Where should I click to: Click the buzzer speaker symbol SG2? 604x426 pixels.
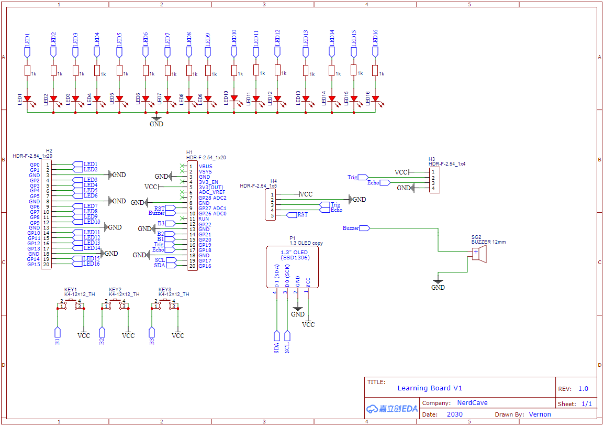[x=480, y=254]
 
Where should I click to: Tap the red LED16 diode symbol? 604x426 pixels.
[x=375, y=99]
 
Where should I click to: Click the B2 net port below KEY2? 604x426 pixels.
[x=102, y=334]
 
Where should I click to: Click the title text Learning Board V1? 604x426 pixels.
[x=430, y=388]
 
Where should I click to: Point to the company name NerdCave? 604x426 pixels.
[x=472, y=403]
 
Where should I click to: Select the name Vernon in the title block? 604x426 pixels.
[x=540, y=414]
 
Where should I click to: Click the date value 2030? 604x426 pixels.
[x=454, y=414]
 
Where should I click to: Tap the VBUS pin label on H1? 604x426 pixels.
[x=205, y=167]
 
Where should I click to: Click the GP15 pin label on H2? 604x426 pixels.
[x=33, y=265]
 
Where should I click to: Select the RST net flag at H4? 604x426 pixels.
[x=298, y=215]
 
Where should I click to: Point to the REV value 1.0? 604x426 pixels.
[x=583, y=389]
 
